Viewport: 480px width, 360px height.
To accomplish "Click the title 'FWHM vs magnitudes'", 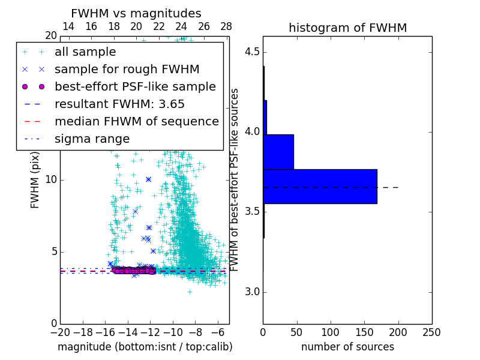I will pyautogui.click(x=136, y=14).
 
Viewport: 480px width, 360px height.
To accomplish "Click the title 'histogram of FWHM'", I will pyautogui.click(x=347, y=28).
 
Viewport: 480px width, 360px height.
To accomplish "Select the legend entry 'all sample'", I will pyautogui.click(x=85, y=52).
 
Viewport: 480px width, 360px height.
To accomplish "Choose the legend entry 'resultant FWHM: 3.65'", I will pyautogui.click(x=119, y=104).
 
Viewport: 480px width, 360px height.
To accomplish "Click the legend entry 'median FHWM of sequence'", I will pyautogui.click(x=136, y=121).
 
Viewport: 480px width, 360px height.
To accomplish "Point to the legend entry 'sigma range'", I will pyautogui.click(x=92, y=139).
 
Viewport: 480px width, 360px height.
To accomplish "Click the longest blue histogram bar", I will pyautogui.click(x=320, y=186).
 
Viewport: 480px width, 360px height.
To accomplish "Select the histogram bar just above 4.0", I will pyautogui.click(x=265, y=117).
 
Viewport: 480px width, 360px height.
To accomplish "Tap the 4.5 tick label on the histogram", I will pyautogui.click(x=251, y=52).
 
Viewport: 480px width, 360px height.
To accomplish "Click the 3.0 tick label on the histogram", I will pyautogui.click(x=251, y=292).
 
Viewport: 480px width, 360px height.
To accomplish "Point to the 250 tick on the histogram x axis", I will pyautogui.click(x=431, y=332).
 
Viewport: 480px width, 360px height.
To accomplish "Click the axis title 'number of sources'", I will pyautogui.click(x=347, y=347).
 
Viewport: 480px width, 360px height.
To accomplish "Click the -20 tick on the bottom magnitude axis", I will pyautogui.click(x=60, y=332).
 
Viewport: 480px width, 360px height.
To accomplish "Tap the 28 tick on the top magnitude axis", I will pyautogui.click(x=226, y=26).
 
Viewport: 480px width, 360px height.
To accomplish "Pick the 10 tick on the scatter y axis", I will pyautogui.click(x=52, y=180).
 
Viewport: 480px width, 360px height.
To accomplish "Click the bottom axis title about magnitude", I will pyautogui.click(x=145, y=347).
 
